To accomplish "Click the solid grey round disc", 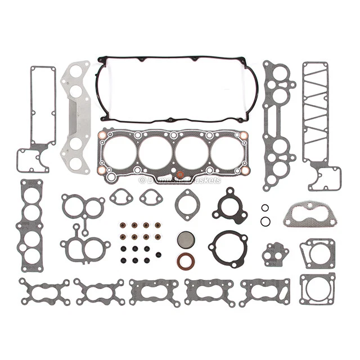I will (186, 240).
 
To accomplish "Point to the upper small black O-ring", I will (264, 208).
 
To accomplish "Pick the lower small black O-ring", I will (264, 221).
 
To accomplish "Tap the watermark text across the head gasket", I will (180, 180).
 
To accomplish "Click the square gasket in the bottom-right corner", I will (317, 289).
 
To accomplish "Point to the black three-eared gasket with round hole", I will (230, 206).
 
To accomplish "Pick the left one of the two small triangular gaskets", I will (121, 197).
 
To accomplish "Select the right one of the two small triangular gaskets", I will (151, 197).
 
